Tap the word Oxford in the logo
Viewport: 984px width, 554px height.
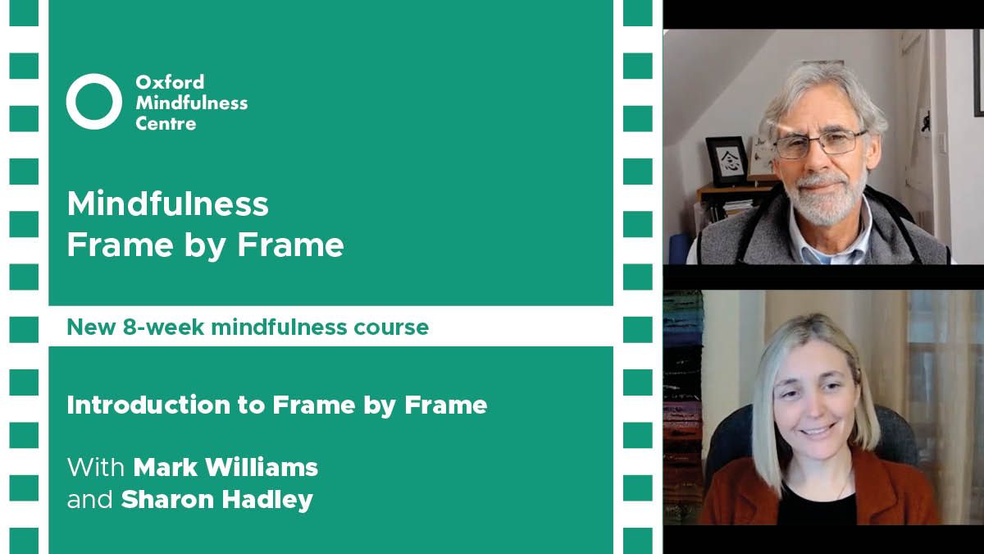[170, 82]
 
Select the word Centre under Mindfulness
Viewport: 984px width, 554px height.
[166, 124]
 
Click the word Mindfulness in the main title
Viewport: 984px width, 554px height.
[167, 204]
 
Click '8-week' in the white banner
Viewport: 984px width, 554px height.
[163, 327]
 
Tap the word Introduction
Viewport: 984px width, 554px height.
[148, 405]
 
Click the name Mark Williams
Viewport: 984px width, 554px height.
[225, 467]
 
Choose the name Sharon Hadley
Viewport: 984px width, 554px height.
[217, 500]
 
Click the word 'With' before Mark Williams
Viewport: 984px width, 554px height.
[96, 467]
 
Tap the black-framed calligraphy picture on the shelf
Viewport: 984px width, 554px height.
[727, 161]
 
